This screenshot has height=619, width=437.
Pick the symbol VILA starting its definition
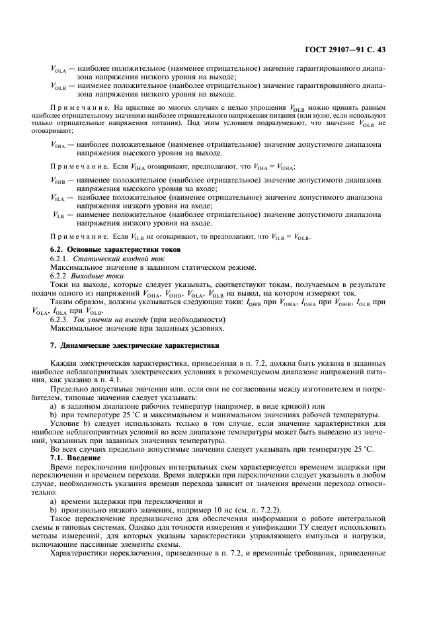pyautogui.click(x=58, y=197)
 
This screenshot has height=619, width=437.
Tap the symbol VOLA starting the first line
pyautogui.click(x=58, y=68)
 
